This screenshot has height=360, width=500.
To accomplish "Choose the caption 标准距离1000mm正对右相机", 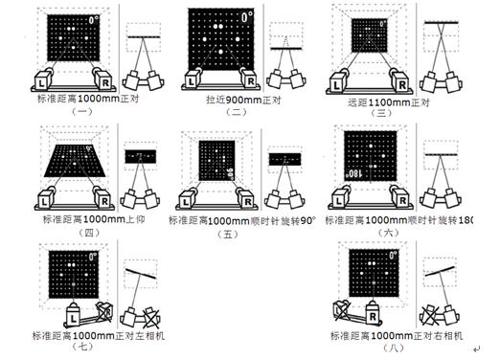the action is [396, 336].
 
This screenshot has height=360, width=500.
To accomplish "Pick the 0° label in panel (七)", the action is [94, 256].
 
